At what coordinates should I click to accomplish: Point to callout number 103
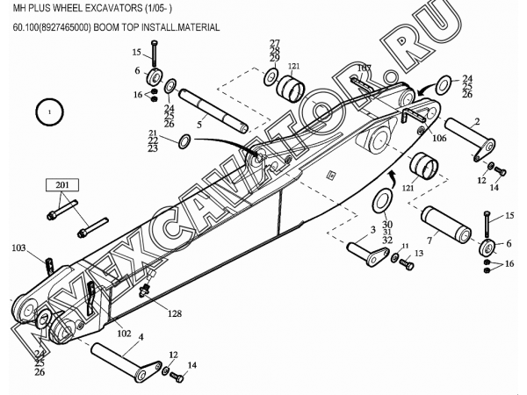tap(18, 249)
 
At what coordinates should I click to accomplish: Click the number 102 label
tap(123, 334)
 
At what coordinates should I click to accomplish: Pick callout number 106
tap(439, 138)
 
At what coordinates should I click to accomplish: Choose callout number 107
tap(364, 68)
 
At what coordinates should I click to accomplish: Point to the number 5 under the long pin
tap(199, 124)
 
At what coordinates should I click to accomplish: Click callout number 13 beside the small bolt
tap(419, 253)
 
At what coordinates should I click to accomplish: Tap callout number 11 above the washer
tap(404, 246)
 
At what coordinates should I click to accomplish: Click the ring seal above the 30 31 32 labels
tap(385, 201)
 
